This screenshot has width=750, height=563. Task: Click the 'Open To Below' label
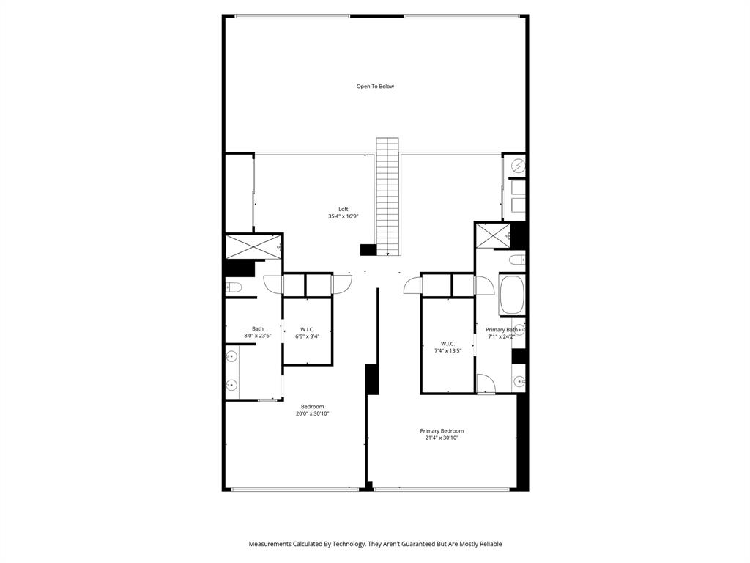(x=375, y=87)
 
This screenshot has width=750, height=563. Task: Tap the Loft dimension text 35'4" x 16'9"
(x=343, y=216)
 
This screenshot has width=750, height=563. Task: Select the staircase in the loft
(x=387, y=196)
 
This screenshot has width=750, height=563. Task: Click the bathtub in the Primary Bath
(x=511, y=294)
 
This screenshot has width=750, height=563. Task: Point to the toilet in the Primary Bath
(x=516, y=260)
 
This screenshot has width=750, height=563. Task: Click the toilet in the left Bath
(x=233, y=287)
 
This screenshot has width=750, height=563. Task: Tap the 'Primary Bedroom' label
(x=442, y=431)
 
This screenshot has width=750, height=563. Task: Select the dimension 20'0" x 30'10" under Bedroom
(x=312, y=413)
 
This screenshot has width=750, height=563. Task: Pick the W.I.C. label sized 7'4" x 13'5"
(x=448, y=347)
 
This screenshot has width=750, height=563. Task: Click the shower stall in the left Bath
(x=253, y=247)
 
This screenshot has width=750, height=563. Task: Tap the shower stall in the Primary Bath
(x=492, y=235)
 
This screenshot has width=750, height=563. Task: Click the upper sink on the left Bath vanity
(x=231, y=357)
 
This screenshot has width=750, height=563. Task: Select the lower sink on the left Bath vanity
(x=231, y=384)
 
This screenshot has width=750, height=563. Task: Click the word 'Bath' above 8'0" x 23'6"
(x=258, y=328)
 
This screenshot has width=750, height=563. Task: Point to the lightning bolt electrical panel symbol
(x=519, y=166)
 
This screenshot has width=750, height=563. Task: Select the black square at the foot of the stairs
(x=368, y=250)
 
